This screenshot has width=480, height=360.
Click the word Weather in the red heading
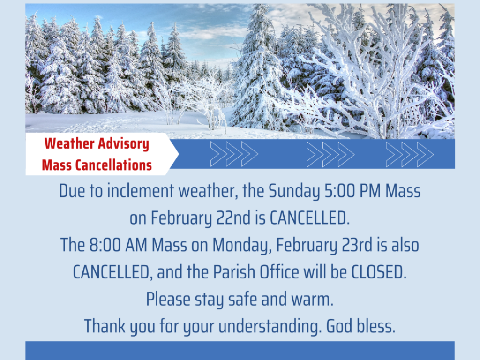tap(69, 143)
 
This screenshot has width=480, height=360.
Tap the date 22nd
tap(233, 217)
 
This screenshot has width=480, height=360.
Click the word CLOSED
tap(379, 272)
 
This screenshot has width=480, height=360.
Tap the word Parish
tap(234, 272)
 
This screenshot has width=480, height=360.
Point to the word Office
tap(279, 272)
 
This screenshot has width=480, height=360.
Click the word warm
tap(312, 299)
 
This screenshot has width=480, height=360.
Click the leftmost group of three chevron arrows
tap(234, 154)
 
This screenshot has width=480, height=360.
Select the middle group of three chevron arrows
tap(330, 154)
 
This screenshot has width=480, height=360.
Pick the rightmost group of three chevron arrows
tap(410, 154)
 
